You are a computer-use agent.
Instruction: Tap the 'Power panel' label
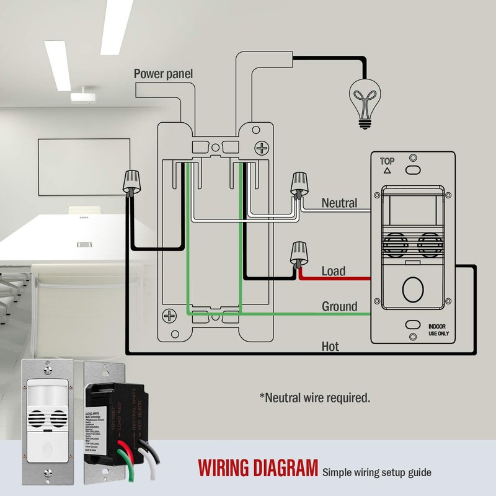point(163,74)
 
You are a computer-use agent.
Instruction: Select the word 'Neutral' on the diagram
point(339,203)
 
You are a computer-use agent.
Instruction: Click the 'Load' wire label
point(334,271)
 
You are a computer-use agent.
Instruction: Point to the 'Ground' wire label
point(339,306)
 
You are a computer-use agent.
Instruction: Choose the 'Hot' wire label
point(330,346)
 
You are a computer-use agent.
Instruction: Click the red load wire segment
point(335,279)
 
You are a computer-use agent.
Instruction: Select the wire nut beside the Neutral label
point(300,184)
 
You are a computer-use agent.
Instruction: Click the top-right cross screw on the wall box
point(263,149)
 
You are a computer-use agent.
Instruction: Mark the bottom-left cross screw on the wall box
point(169,316)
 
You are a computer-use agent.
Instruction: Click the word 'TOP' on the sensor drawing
point(387,161)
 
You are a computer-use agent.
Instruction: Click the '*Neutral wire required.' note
point(314,397)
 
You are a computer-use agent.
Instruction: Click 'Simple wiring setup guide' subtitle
point(376,472)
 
